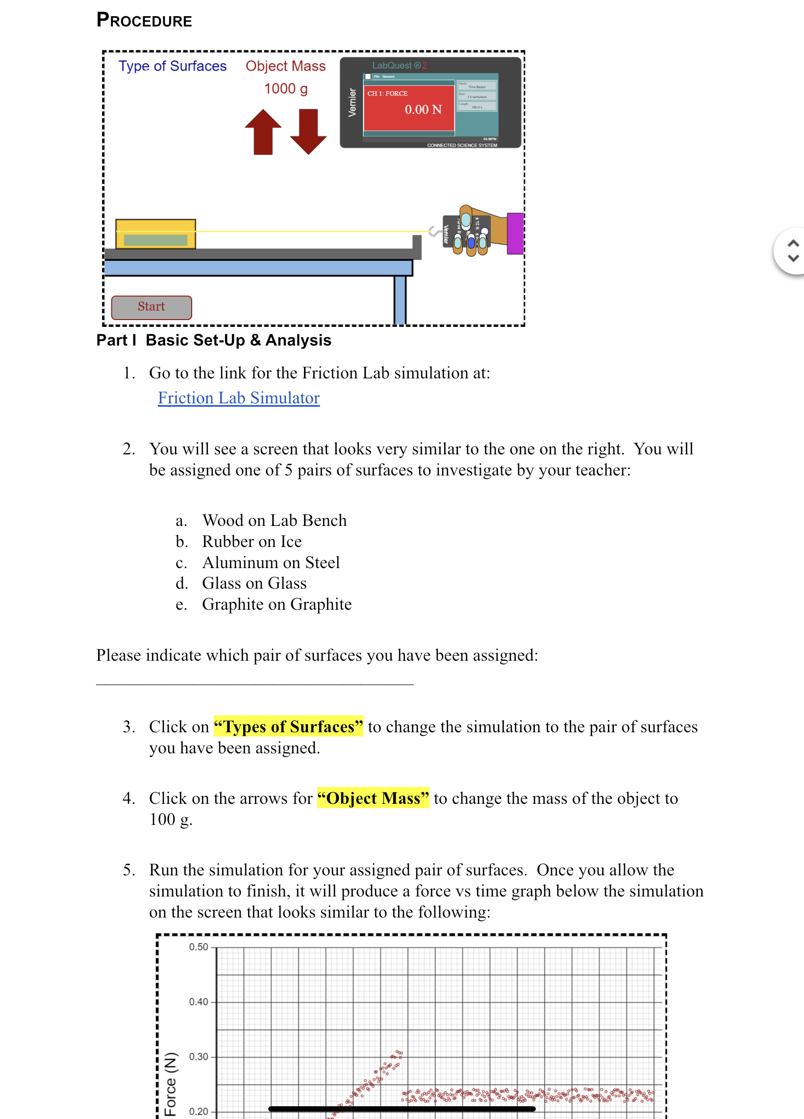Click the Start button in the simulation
click(x=151, y=307)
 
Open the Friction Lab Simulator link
click(x=238, y=398)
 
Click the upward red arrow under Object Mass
click(x=263, y=132)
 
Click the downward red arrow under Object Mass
click(x=308, y=132)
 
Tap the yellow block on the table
click(x=155, y=234)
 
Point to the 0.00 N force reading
click(x=423, y=109)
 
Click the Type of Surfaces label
click(x=172, y=66)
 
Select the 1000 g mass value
click(x=286, y=89)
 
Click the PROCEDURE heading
click(x=144, y=20)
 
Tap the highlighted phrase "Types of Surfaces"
click(x=288, y=726)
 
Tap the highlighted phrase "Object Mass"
click(x=373, y=798)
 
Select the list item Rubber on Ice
click(x=251, y=541)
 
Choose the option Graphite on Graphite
click(x=276, y=604)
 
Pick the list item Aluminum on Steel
click(x=271, y=563)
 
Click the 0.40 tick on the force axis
click(x=199, y=1001)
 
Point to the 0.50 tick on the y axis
click(x=199, y=947)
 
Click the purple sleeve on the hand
click(x=515, y=233)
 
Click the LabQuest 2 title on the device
click(x=399, y=66)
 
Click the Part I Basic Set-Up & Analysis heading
click(x=213, y=340)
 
